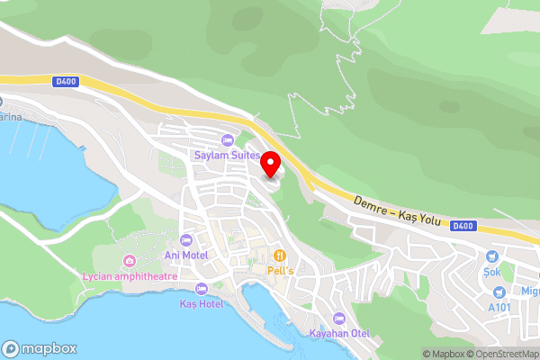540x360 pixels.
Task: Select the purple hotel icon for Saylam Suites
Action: coord(227,139)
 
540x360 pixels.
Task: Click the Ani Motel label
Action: coord(186,256)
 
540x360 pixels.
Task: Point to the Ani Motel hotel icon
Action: coord(186,240)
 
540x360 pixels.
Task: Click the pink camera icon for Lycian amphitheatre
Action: coord(130,261)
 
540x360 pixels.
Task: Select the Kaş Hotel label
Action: coord(201,304)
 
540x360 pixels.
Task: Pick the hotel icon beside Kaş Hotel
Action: coord(201,289)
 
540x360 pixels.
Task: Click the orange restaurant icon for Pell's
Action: coord(280,255)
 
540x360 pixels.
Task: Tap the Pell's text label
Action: coord(281,270)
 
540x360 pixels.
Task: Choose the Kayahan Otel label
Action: coord(338,334)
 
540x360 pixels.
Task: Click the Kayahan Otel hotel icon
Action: coord(338,319)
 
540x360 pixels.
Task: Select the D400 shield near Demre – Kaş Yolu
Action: coord(462,227)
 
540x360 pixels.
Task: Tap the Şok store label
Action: coord(490,270)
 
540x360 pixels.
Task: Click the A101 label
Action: coord(499,307)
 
